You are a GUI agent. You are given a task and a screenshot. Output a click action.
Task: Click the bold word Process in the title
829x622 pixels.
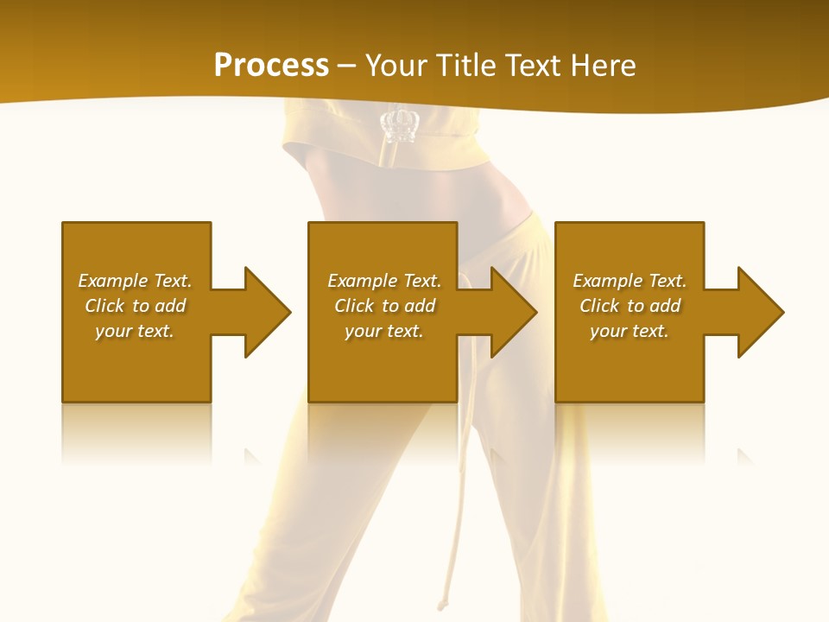click(271, 66)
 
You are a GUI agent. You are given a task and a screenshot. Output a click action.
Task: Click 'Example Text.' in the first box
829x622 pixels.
click(135, 281)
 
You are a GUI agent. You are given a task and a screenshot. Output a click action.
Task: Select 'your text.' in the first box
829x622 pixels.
click(135, 331)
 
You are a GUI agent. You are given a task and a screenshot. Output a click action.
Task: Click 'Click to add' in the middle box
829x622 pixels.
click(384, 306)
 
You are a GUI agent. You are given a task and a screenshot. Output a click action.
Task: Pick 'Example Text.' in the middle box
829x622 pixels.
click(384, 281)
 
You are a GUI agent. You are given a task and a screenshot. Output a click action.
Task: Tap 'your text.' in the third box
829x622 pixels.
click(630, 331)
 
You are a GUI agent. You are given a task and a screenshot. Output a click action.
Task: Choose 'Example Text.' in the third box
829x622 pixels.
click(630, 281)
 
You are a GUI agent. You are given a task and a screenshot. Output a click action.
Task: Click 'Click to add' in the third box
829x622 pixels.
click(630, 306)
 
